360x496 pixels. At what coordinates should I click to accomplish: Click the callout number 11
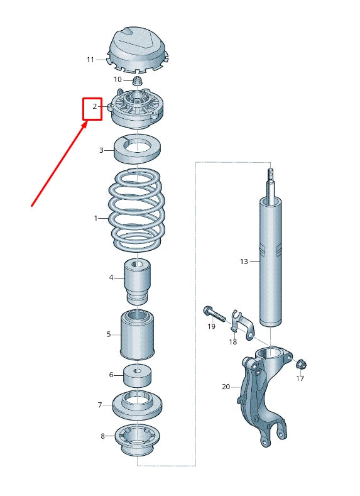(x=90, y=60)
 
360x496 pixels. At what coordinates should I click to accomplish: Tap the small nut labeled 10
(x=138, y=80)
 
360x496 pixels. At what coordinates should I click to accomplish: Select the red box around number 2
(x=93, y=107)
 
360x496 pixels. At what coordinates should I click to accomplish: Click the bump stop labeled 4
(x=138, y=281)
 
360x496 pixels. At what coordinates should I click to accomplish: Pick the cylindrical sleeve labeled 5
(x=138, y=334)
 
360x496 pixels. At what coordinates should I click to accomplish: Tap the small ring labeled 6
(x=138, y=375)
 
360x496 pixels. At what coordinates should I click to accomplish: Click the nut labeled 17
(x=300, y=364)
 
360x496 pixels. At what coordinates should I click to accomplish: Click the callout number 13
(x=244, y=261)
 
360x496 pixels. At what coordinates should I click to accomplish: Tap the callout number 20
(x=226, y=387)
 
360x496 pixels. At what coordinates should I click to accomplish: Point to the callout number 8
(x=103, y=436)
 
